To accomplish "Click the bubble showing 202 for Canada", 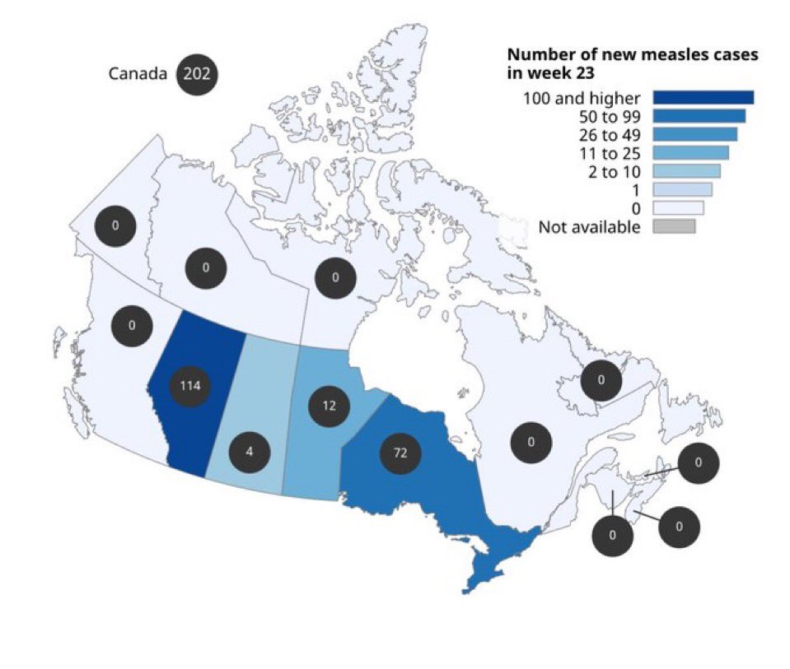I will coord(197,74).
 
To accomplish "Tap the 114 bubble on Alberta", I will coord(190,385).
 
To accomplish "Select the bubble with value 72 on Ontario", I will coord(400,453).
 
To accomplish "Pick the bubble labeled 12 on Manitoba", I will coord(329,406).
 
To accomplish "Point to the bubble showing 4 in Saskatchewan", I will coord(249,451).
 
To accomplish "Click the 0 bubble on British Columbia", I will coord(133,325).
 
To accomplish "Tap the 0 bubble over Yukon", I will coord(115,225).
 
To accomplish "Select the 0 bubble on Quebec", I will coord(531,443).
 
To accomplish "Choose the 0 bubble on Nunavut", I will coord(335,277).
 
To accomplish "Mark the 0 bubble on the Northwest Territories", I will coord(205,267).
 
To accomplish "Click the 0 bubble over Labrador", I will coord(601,380).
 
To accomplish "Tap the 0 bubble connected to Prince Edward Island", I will coord(698,462).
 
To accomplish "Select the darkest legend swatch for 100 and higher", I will coord(703,98).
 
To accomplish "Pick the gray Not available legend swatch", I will coord(674,226).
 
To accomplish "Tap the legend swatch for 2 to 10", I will coord(686,171).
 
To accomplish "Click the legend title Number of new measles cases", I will coord(632,55).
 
